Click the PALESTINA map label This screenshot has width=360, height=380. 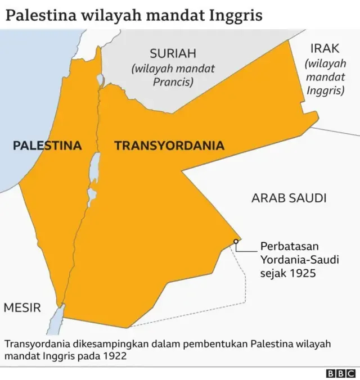(x=47, y=146)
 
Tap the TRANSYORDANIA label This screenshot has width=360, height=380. (x=169, y=146)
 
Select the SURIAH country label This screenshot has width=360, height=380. (x=173, y=54)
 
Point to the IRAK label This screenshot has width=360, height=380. (x=325, y=49)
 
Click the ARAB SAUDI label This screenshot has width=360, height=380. (x=289, y=198)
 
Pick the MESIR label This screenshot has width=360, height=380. (x=22, y=307)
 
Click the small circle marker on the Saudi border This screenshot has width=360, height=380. (x=236, y=242)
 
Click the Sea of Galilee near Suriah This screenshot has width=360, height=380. (x=100, y=80)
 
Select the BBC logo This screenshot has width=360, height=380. (x=341, y=373)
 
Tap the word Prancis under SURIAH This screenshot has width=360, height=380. (x=173, y=82)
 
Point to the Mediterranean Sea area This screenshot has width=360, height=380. (x=28, y=96)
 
